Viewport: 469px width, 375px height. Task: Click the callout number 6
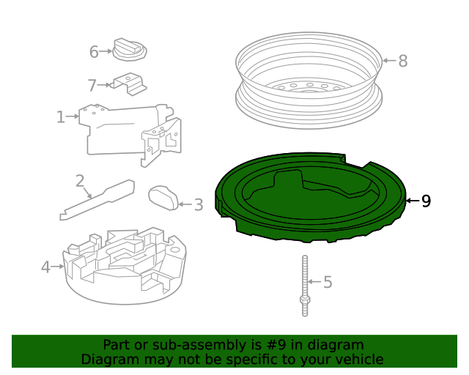pyautogui.click(x=94, y=52)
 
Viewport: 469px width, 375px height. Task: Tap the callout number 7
pyautogui.click(x=92, y=85)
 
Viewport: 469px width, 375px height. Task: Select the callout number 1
pyautogui.click(x=60, y=116)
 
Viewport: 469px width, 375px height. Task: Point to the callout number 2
pyautogui.click(x=80, y=181)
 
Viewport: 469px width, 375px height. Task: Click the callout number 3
pyautogui.click(x=198, y=205)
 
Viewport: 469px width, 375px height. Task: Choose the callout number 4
pyautogui.click(x=45, y=267)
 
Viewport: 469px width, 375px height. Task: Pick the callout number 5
pyautogui.click(x=328, y=282)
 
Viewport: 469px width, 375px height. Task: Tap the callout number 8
pyautogui.click(x=402, y=61)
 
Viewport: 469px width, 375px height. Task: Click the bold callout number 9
pyautogui.click(x=426, y=201)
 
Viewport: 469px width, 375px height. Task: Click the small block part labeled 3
pyautogui.click(x=164, y=197)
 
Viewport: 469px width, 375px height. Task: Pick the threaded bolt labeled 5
pyautogui.click(x=303, y=286)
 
